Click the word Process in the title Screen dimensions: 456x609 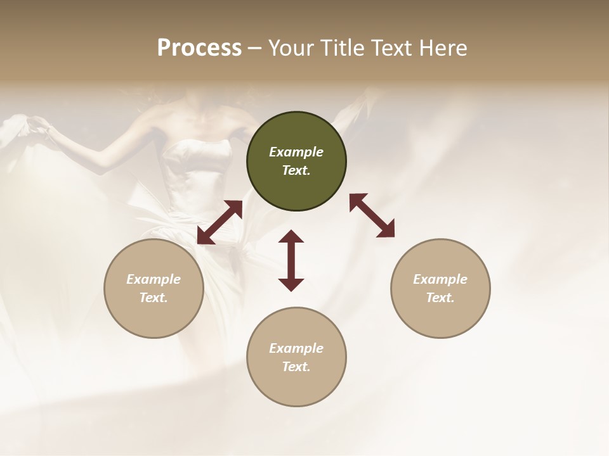tap(199, 48)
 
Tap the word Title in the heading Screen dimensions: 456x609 tap(342, 48)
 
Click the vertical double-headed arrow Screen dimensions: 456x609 tap(291, 260)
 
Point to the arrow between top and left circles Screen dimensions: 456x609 tap(219, 222)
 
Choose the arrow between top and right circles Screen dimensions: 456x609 tap(372, 215)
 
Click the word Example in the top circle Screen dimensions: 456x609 tap(296, 152)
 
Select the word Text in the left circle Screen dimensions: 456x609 tap(154, 298)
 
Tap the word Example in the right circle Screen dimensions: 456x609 tap(440, 279)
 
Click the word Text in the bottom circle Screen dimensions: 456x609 tap(296, 367)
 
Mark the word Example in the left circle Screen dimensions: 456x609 tap(154, 279)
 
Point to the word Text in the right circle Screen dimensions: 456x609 tap(440, 298)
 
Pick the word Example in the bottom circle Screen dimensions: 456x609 tap(296, 348)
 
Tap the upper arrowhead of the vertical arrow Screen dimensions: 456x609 tap(291, 237)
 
